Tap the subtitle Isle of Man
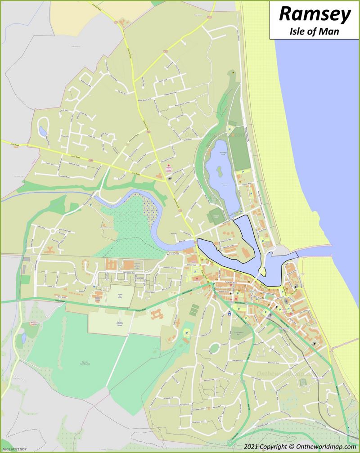pos(314,31)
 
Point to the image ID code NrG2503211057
pos(14,449)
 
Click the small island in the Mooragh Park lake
pos(219,171)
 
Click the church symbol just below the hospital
pos(170,178)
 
